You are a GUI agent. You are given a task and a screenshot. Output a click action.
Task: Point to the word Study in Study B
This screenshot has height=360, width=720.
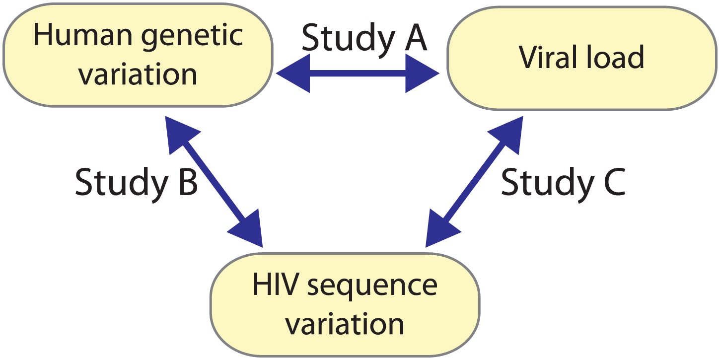(119, 184)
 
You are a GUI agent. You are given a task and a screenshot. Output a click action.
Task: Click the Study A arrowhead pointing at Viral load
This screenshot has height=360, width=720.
(422, 73)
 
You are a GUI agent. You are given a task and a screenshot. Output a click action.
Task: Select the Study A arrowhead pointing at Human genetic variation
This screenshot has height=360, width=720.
(294, 73)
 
